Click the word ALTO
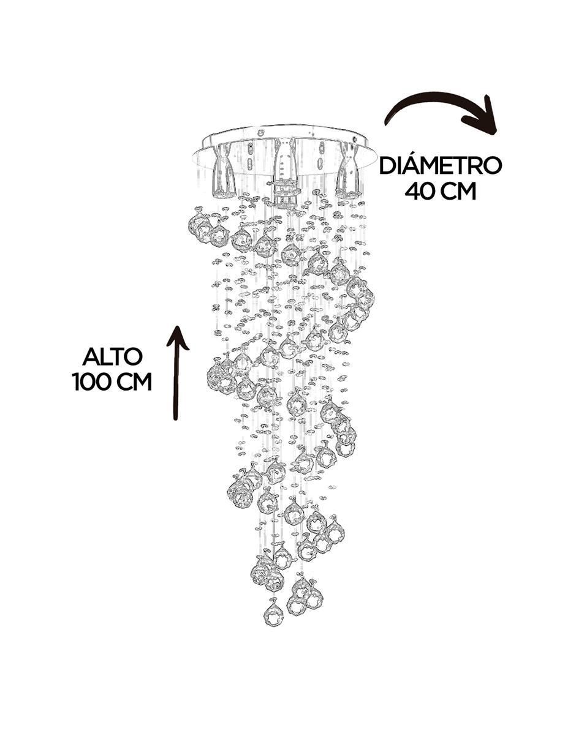[x=112, y=357]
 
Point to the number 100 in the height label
[x=93, y=382]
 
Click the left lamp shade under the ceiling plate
[x=224, y=171]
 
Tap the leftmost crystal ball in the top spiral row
[x=199, y=224]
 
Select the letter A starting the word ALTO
[x=91, y=357]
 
